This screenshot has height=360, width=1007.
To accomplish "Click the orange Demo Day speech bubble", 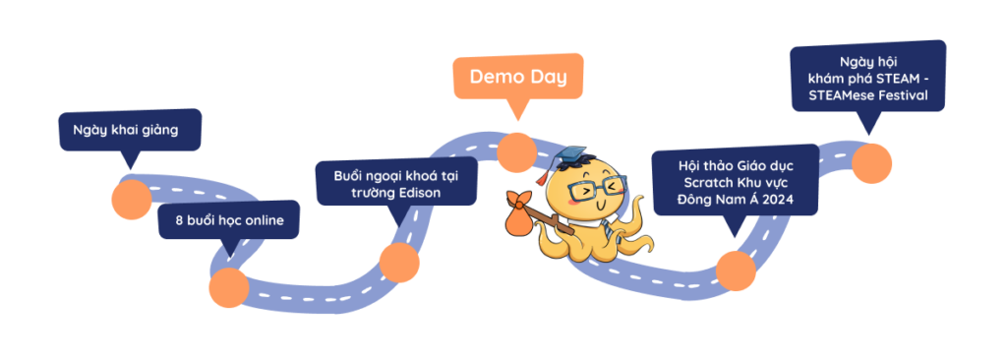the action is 518,77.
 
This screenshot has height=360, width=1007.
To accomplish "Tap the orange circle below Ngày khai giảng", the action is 132,200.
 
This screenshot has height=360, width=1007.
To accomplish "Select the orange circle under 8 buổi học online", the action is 228,287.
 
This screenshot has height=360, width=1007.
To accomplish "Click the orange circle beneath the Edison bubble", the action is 399,263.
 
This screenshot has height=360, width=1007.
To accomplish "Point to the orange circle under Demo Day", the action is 516,152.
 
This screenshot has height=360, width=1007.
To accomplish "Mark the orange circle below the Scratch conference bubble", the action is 736,270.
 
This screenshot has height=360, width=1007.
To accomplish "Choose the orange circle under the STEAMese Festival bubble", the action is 871,163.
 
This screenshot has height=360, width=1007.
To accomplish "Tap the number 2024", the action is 779,200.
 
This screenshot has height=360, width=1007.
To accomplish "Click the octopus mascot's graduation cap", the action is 570,156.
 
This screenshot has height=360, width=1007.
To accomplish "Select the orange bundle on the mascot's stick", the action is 521,214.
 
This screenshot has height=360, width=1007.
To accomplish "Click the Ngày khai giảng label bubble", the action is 131,131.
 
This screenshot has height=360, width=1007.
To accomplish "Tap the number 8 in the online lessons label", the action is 179,220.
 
